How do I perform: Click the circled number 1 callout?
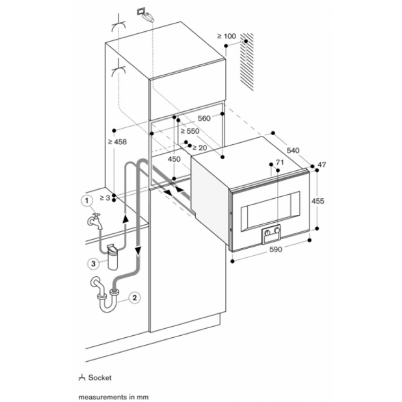coord(87,201)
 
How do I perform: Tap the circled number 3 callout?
coord(94,264)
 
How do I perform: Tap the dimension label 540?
coord(293,150)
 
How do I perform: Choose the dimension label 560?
coord(204,118)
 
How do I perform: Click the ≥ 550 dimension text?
coord(190,132)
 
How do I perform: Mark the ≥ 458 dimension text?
coord(117,142)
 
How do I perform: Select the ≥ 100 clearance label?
coord(226,36)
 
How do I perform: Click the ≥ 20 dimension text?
coord(200,147)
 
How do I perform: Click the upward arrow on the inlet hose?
coord(126,219)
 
